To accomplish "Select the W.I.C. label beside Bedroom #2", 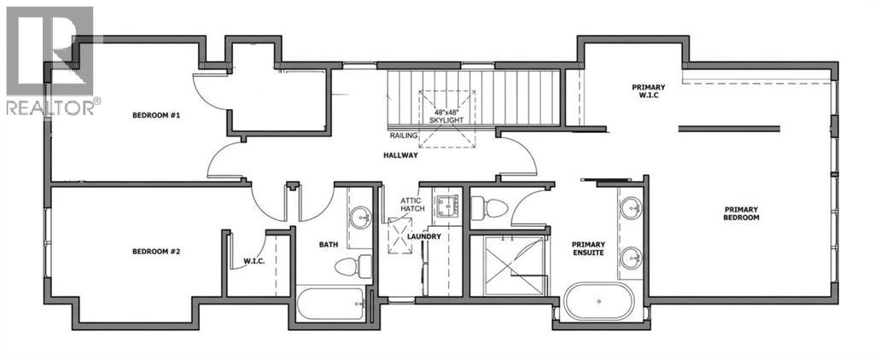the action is pos(254,261).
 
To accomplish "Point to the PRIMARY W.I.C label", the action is pos(649,90).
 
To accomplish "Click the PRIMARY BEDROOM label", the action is pos(742,213).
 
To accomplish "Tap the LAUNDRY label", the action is pos(424,236).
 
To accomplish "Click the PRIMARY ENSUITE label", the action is pos(589,248).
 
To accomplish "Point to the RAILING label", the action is pos(401,135).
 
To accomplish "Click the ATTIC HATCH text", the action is pos(412,204).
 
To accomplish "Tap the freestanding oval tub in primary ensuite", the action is pos(599,300).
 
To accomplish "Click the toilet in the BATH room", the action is pos(353,266).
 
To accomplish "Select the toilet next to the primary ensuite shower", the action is pos(489,209).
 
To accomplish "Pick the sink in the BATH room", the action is pos(360,218).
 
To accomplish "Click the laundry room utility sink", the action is pos(447,206).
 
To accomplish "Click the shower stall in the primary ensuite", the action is pos(507,266).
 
